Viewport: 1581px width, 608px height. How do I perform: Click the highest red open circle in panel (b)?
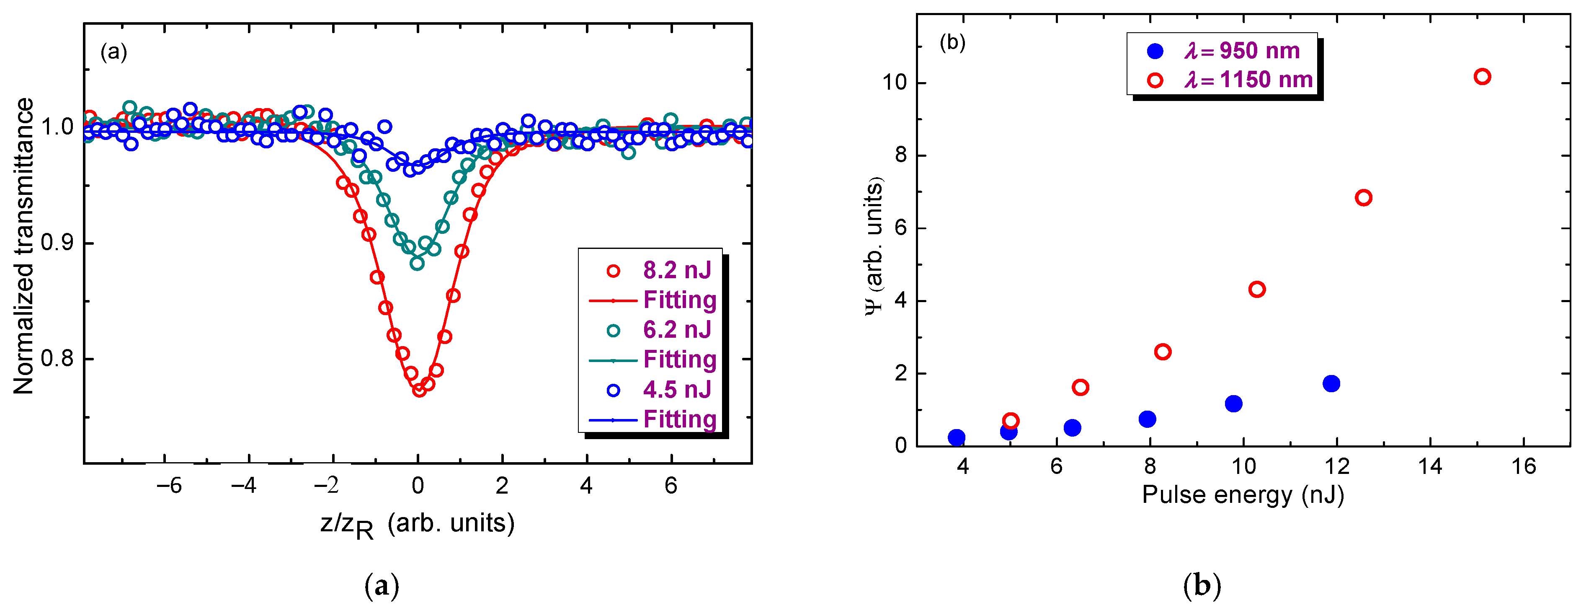coord(1482,77)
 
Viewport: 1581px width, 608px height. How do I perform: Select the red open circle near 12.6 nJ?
coord(1363,198)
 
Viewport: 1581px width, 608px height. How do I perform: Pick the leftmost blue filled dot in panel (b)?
coord(956,437)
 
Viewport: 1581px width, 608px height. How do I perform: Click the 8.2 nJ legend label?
coord(676,270)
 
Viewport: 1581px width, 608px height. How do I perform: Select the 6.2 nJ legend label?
coord(676,330)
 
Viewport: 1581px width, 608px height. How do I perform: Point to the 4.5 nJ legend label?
coord(676,389)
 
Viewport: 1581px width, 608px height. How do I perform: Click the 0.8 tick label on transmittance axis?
coord(57,358)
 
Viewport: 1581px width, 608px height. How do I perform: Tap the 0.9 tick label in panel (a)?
coord(57,243)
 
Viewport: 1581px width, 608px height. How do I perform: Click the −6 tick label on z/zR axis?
coord(169,486)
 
